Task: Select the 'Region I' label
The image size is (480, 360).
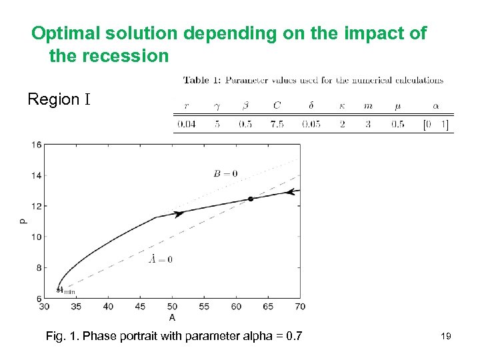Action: (x=58, y=100)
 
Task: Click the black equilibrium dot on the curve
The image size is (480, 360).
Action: (x=251, y=199)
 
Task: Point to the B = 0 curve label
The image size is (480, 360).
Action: (x=225, y=174)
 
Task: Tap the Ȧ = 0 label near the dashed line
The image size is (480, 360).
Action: (x=160, y=259)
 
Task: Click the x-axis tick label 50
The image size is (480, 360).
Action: (x=172, y=307)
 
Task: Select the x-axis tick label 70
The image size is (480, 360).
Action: (x=300, y=307)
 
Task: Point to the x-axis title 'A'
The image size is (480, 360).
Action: (x=172, y=317)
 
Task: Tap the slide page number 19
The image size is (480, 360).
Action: (x=445, y=337)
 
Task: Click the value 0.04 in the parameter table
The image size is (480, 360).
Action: (x=187, y=124)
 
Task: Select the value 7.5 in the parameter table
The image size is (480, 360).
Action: (x=280, y=124)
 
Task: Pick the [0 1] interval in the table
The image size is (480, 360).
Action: (x=436, y=124)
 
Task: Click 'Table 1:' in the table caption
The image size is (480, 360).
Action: (x=202, y=81)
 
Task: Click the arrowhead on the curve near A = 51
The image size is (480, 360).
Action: (x=178, y=213)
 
